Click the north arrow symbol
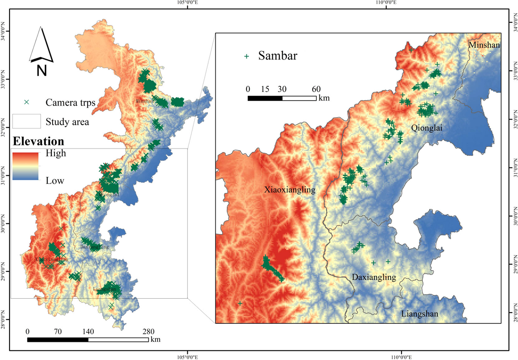(x=41, y=45)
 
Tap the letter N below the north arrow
(x=41, y=70)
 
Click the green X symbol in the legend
(x=27, y=102)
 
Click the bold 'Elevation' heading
(x=38, y=141)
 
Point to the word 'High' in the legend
(x=56, y=153)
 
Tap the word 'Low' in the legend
(x=55, y=181)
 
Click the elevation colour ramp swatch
(x=25, y=166)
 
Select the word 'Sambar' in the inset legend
(x=278, y=56)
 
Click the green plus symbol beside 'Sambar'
(x=246, y=56)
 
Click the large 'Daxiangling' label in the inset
(x=374, y=277)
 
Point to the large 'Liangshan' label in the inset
(x=420, y=314)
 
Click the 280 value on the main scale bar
(x=148, y=332)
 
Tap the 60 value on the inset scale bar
(x=316, y=88)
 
